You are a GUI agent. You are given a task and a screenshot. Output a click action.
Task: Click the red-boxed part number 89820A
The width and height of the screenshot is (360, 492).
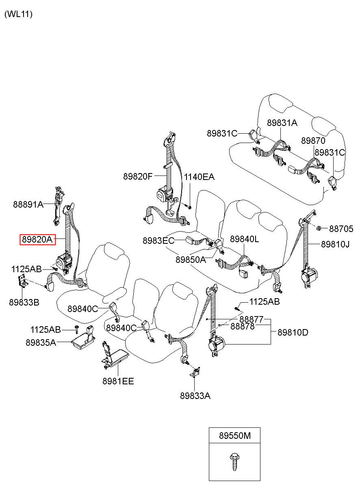pos(37,239)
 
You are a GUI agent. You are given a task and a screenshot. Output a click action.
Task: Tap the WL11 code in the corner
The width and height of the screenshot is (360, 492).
pos(18,14)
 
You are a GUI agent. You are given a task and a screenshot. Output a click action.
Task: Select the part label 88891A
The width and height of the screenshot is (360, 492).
pos(28,205)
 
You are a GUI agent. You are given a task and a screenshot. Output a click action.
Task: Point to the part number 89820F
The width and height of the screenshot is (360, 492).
pos(138,176)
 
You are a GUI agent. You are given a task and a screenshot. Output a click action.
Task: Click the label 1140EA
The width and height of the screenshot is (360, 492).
pos(199,177)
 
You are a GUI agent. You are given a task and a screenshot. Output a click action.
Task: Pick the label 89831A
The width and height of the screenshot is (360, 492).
pos(282,123)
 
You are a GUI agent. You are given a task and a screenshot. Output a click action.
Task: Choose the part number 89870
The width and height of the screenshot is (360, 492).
pos(313,141)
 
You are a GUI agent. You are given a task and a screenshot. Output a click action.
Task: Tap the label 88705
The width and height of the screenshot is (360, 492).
pos(341,229)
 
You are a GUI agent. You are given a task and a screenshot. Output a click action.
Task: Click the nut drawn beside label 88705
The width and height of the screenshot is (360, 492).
pos(318,228)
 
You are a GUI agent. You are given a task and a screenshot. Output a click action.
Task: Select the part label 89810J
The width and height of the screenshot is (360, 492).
pos(335,244)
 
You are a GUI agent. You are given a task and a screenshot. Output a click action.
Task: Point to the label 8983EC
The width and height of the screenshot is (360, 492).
pos(158,241)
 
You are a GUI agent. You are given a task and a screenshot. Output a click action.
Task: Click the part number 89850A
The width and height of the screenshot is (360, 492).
pos(191,260)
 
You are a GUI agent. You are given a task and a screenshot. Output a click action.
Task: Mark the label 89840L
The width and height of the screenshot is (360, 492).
pos(245,239)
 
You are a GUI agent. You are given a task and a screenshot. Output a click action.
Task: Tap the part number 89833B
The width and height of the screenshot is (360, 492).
pos(24,302)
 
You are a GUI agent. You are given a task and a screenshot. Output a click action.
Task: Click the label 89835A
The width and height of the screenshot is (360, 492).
pos(41,342)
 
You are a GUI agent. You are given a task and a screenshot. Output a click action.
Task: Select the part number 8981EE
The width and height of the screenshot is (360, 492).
pos(118,381)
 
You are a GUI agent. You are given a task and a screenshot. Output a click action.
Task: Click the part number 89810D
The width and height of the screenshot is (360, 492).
pos(293,332)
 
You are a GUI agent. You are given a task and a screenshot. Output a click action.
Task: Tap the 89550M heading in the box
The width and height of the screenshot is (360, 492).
pos(234,436)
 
